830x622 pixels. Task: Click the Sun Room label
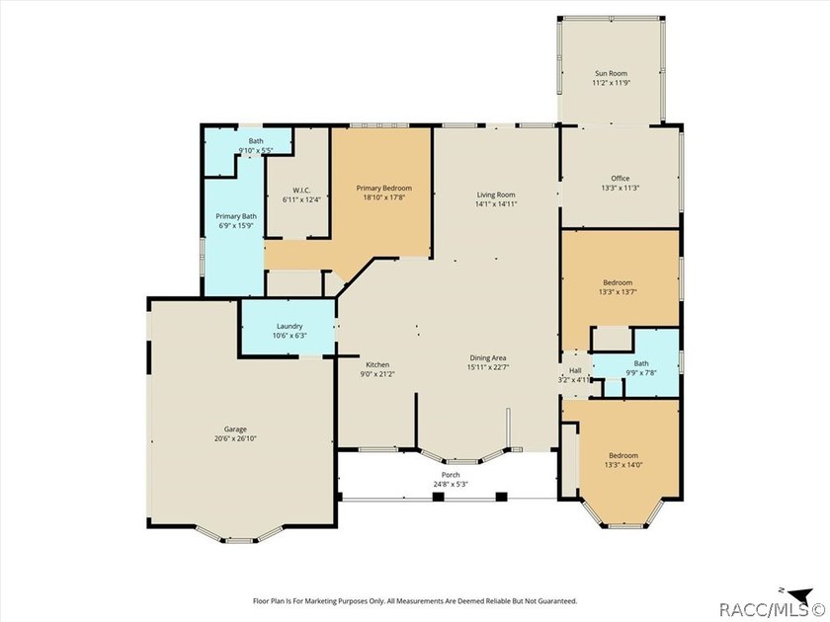coord(611,73)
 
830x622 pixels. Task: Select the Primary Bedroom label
coord(383,188)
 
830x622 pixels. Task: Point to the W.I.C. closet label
coord(301,191)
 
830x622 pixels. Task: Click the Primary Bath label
coord(236,216)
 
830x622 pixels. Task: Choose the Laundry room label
coord(290,327)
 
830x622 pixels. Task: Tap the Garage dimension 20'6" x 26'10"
coord(235,438)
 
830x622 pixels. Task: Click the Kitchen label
coord(377,364)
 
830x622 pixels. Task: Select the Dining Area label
coord(488,358)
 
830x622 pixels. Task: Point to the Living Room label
coord(496,194)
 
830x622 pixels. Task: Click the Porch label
coord(451,475)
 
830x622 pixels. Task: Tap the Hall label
coord(575,371)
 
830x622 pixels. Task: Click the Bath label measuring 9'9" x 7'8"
coord(641,363)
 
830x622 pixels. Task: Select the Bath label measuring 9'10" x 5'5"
coord(256,141)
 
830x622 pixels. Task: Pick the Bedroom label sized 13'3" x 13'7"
coord(618,282)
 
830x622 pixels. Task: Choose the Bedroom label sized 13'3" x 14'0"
coord(623,455)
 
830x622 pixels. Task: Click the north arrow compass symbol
coord(799,593)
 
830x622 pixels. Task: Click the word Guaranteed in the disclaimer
coord(557,601)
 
